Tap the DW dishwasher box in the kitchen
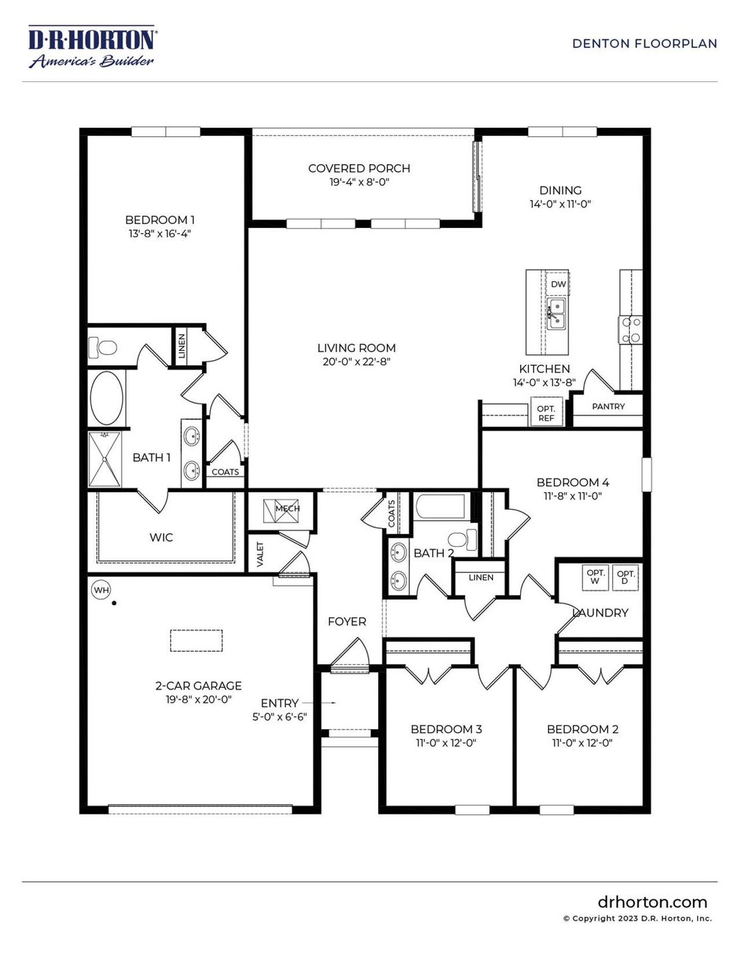point(558,284)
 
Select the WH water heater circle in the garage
point(101,590)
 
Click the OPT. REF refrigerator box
point(546,413)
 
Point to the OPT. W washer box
point(595,577)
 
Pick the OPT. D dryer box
point(625,577)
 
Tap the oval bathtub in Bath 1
point(107,398)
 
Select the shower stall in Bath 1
point(104,460)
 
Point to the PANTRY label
point(608,406)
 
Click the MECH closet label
point(287,509)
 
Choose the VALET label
point(260,554)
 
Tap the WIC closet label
point(161,537)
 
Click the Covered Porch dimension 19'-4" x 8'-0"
point(359,182)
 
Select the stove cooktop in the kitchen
point(630,330)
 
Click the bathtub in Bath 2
point(440,506)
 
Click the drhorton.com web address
point(652,902)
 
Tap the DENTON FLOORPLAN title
point(644,43)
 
